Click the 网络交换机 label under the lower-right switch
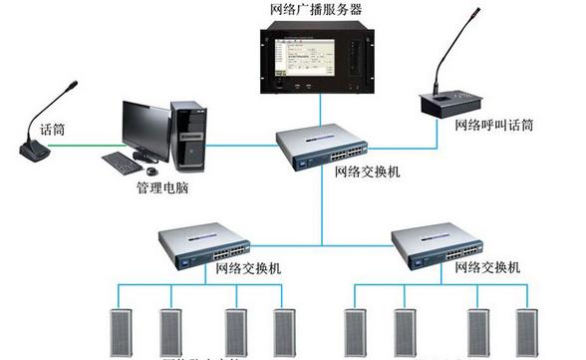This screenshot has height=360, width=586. click(486, 268)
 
